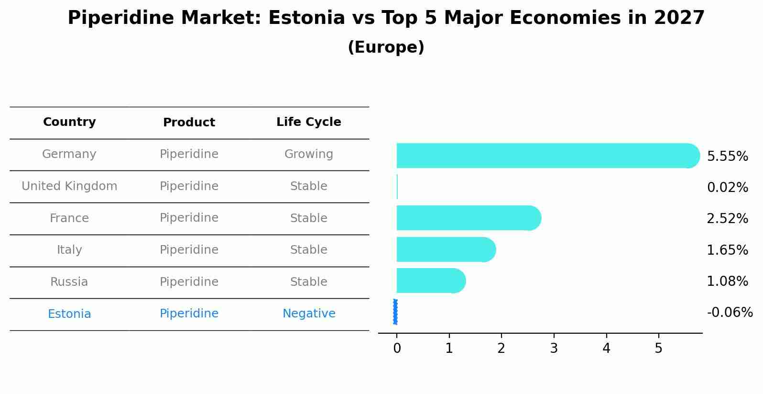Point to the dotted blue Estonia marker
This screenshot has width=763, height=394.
point(395,312)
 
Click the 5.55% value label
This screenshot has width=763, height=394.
point(727,157)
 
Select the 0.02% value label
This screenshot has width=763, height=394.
point(727,188)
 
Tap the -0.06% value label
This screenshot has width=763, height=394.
point(730,313)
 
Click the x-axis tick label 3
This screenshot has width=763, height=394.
point(554,349)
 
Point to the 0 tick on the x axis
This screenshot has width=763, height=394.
point(397,349)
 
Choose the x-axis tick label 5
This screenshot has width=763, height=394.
point(658,349)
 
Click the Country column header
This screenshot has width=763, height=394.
point(69,122)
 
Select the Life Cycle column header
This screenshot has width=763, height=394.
point(308,122)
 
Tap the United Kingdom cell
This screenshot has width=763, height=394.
point(69,186)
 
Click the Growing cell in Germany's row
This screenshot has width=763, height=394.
point(308,154)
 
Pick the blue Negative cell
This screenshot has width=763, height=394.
point(308,314)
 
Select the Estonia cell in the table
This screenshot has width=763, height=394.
point(69,314)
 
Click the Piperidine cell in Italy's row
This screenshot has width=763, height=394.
point(189,250)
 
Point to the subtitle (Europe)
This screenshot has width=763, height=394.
point(386,47)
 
